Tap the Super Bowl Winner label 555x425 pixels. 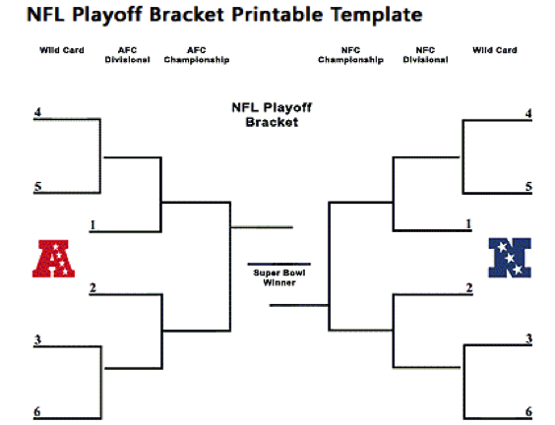[x=278, y=276]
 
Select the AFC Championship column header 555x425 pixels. [x=197, y=54]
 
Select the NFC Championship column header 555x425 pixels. [x=349, y=54]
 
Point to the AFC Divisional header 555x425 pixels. [x=127, y=54]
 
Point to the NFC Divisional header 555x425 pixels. [x=425, y=54]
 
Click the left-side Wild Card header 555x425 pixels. [x=62, y=49]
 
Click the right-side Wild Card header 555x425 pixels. [x=495, y=49]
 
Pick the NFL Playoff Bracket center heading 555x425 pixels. [x=265, y=116]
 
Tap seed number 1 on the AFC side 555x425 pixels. [x=92, y=225]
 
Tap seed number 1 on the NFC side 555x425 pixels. [x=468, y=225]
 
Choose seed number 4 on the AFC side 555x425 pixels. [x=37, y=113]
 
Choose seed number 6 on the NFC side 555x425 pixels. [x=528, y=411]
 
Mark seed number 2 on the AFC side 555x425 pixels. [x=92, y=288]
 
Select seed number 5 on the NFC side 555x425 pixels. [x=528, y=186]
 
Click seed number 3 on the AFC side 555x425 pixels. [x=37, y=340]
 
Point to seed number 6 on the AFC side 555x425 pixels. [x=37, y=411]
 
